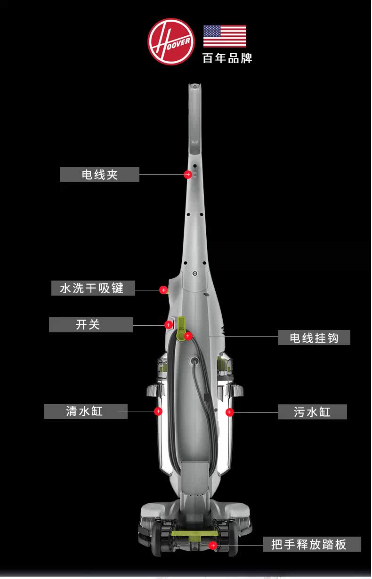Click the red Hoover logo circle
coord(171,41)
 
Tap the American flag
coord(225,36)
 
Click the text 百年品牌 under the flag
coord(227,58)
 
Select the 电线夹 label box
coord(99,175)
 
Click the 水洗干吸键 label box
coord(93,288)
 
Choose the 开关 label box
coord(91,325)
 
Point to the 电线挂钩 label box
coord(314,338)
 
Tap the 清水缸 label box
coord(85,411)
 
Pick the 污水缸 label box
coord(313,412)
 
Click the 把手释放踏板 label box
coord(311,544)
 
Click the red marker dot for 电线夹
coord(187,175)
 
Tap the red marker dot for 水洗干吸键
coord(163,290)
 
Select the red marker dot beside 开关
coord(168,325)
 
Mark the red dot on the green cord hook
coord(187,336)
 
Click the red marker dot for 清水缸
coord(158,411)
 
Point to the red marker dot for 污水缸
coord(229,412)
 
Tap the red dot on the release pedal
coord(213,546)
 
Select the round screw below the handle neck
coord(194,273)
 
